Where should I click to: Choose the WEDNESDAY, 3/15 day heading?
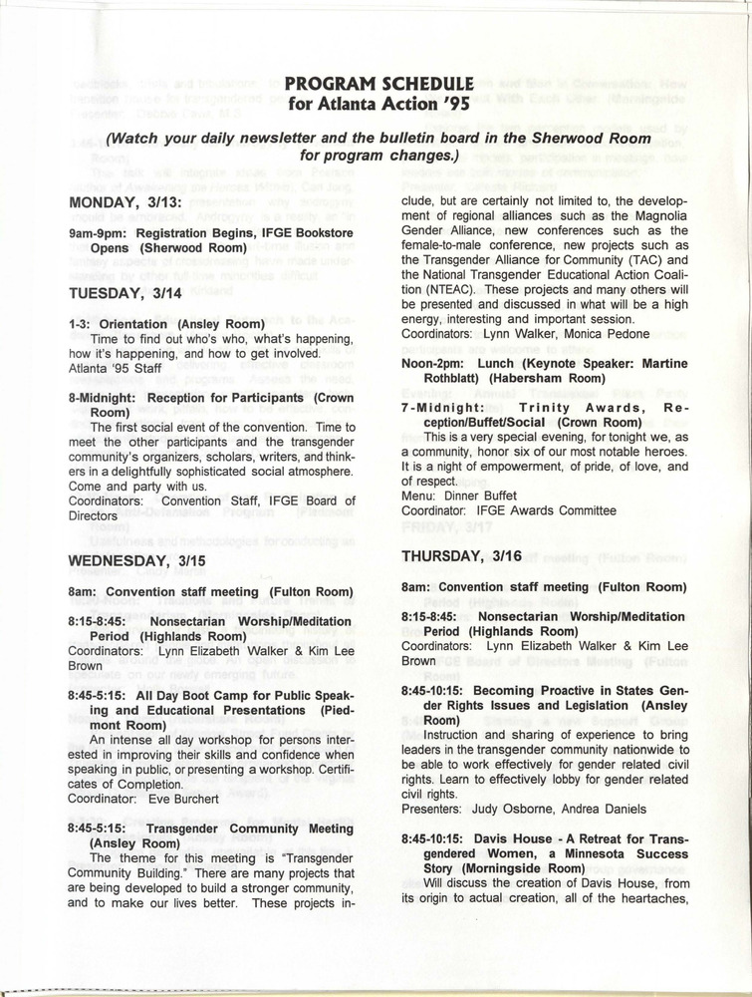[x=135, y=560]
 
